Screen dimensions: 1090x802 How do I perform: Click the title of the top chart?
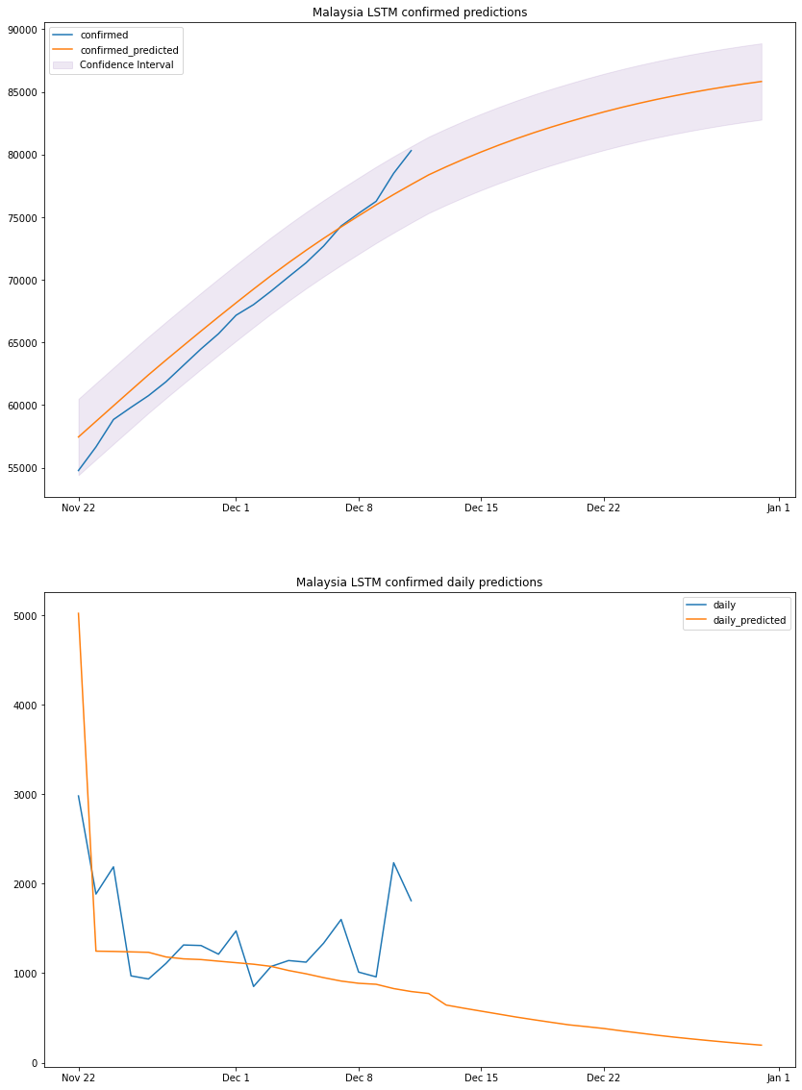pyautogui.click(x=419, y=12)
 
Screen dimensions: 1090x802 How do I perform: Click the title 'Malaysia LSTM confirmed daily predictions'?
pyautogui.click(x=419, y=582)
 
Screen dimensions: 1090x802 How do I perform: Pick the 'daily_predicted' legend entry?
pyautogui.click(x=749, y=621)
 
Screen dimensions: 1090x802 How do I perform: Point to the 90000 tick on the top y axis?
pyautogui.click(x=21, y=30)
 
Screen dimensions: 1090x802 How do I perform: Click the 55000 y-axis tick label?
pyautogui.click(x=21, y=468)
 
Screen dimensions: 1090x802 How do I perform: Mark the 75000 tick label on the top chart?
pyautogui.click(x=21, y=218)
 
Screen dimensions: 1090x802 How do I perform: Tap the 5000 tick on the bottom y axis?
pyautogui.click(x=25, y=616)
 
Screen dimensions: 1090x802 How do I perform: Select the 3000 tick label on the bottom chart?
pyautogui.click(x=25, y=795)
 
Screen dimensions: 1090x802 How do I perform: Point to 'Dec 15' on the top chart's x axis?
pyautogui.click(x=481, y=508)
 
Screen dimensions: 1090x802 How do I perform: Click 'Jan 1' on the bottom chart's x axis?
pyautogui.click(x=779, y=1078)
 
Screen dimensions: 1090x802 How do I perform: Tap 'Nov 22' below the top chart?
pyautogui.click(x=78, y=508)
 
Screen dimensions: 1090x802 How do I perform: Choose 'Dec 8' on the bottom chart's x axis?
pyautogui.click(x=359, y=1078)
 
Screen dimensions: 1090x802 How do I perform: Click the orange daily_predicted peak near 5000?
pyautogui.click(x=78, y=613)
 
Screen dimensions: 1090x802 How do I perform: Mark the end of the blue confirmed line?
pyautogui.click(x=411, y=150)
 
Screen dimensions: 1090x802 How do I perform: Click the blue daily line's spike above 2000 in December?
pyautogui.click(x=393, y=863)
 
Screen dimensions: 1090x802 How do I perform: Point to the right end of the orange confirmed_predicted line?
pyautogui.click(x=762, y=81)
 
